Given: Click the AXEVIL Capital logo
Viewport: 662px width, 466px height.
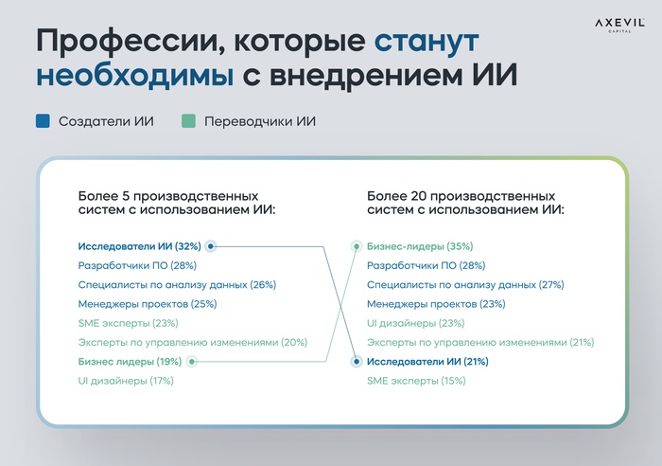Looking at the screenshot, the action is (619, 25).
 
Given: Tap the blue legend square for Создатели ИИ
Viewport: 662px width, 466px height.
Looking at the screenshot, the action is (44, 121).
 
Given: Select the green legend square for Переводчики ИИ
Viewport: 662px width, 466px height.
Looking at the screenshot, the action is (188, 121).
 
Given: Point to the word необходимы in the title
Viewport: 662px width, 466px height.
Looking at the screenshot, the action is (134, 75).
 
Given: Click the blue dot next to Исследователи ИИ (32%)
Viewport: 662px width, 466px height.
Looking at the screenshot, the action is (210, 246).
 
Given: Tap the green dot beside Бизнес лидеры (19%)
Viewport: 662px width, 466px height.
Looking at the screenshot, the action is (192, 362).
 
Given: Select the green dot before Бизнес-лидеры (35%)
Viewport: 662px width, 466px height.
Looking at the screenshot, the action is (357, 246).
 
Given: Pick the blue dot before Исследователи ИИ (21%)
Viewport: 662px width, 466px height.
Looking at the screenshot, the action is (357, 362).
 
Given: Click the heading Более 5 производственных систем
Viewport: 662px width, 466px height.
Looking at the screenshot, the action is (177, 203).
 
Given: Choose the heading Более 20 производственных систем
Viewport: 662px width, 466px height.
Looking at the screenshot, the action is (465, 203).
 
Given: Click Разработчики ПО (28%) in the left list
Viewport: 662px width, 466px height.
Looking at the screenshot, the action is (137, 265).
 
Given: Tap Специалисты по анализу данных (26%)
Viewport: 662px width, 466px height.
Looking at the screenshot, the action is (177, 284).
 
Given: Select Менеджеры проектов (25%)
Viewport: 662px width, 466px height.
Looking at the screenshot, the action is (148, 304).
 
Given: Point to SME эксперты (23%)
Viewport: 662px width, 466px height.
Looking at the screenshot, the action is (128, 323).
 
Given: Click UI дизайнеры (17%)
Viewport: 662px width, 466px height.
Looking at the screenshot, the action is (126, 381).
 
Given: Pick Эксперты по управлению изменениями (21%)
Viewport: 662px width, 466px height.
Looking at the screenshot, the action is (480, 342).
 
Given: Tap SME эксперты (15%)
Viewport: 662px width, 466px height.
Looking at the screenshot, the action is (416, 381).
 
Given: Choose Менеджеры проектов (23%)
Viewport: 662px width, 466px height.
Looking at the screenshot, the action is (436, 304).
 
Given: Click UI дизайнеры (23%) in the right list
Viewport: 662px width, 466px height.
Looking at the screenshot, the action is (415, 323).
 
